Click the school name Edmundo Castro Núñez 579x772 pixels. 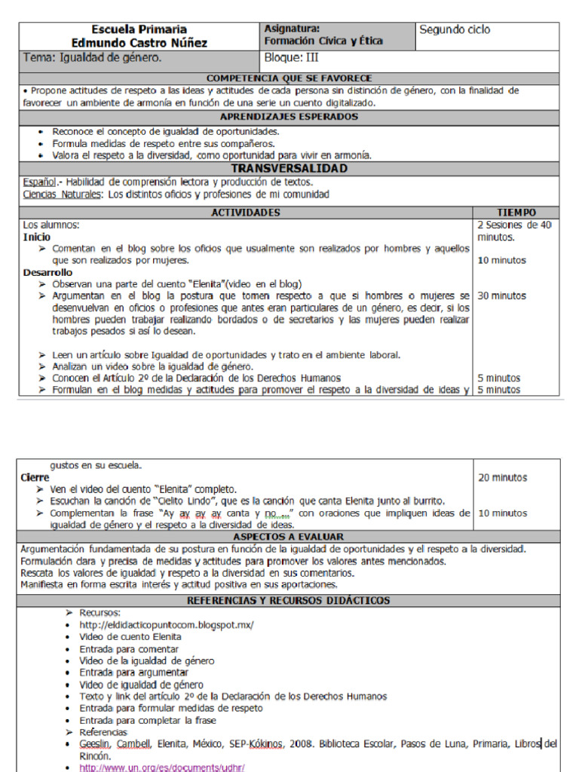tap(139, 43)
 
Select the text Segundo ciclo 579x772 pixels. tap(455, 30)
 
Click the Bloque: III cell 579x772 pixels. tap(293, 57)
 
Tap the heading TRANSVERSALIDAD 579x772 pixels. tap(289, 168)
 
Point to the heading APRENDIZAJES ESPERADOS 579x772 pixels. tap(289, 117)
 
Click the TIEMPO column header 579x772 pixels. tap(516, 213)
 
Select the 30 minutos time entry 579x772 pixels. tap(502, 296)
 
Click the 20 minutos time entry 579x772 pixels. tap(502, 478)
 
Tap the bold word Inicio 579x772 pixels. tap(37, 237)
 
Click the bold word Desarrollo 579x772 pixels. tap(47, 272)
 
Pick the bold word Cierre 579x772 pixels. tap(35, 478)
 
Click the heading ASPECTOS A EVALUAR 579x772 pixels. tap(289, 536)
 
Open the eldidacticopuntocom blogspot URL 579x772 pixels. tap(167, 625)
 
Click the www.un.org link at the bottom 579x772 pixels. tap(161, 767)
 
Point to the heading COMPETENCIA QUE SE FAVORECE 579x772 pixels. tap(289, 78)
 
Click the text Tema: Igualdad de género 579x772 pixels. tap(92, 57)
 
